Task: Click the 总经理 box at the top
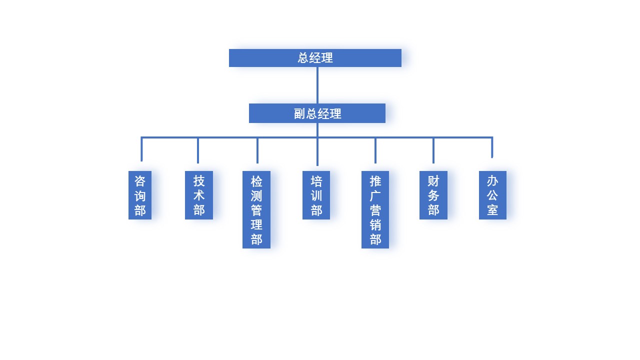click(315, 58)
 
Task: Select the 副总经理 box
click(317, 113)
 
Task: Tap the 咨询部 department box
click(140, 195)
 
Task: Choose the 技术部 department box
click(199, 195)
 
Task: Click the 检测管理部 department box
click(256, 209)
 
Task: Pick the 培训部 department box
click(316, 195)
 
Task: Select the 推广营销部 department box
click(375, 209)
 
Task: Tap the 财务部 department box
click(433, 195)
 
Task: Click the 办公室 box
click(492, 195)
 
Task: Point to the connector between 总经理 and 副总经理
click(317, 85)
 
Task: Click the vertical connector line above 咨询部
click(141, 149)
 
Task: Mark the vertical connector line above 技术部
click(198, 150)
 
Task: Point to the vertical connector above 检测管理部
click(257, 150)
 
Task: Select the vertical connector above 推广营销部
click(375, 150)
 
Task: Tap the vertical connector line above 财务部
click(433, 150)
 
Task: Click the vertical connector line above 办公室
click(492, 148)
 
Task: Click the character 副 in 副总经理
click(299, 114)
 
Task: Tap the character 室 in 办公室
click(492, 210)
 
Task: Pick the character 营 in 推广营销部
click(375, 210)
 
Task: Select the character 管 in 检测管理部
click(256, 210)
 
